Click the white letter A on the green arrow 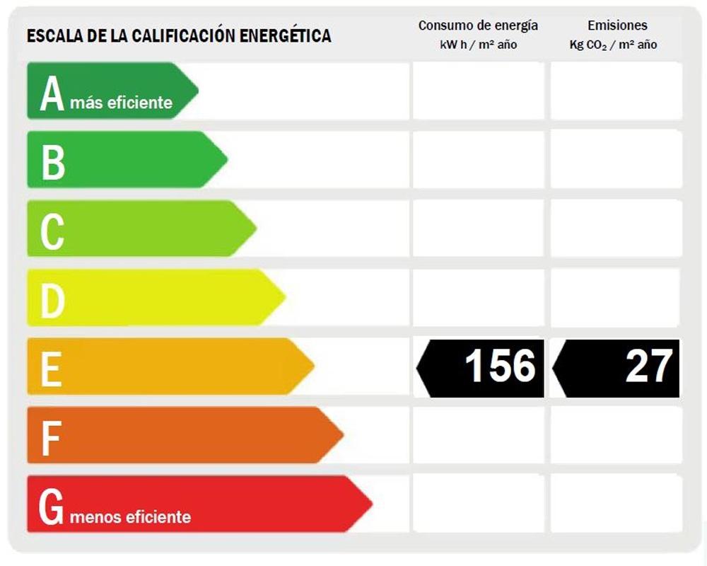52,94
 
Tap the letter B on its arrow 53,161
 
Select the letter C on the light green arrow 52,231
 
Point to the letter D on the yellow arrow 53,299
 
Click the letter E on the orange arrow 51,369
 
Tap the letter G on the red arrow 52,507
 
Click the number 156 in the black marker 500,366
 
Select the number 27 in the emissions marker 648,366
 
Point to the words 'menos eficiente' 131,516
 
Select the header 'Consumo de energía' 478,25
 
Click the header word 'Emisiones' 617,25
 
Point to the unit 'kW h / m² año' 478,45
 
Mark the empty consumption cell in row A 478,91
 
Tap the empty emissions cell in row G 616,503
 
